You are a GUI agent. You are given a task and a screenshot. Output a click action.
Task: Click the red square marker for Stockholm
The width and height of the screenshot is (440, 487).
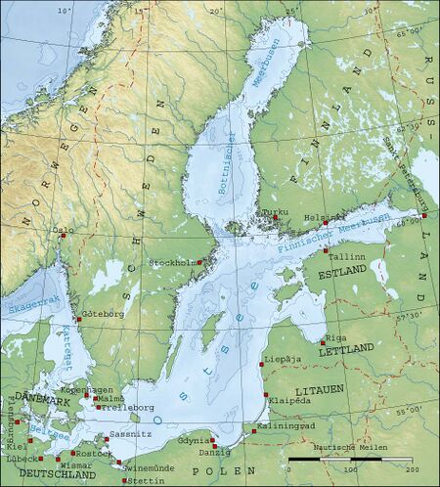coord(199,261)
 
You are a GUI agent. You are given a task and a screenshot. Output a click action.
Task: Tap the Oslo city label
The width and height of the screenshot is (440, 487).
coord(64,231)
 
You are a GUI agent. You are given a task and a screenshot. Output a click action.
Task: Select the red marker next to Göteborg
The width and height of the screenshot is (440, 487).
coord(79,319)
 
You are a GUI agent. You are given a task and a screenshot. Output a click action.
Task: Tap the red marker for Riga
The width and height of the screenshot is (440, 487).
coord(323,340)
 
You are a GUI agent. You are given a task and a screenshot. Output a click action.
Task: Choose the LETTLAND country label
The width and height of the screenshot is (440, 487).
coord(346,349)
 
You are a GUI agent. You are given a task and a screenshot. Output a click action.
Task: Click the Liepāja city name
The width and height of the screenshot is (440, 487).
coord(284,373)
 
